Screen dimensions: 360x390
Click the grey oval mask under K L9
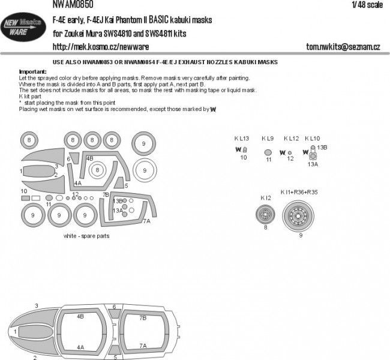268,152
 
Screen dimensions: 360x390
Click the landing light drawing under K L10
313,152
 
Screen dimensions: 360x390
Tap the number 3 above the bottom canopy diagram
37,306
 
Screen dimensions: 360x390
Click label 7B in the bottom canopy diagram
143,317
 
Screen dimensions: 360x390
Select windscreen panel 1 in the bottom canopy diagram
17,331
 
